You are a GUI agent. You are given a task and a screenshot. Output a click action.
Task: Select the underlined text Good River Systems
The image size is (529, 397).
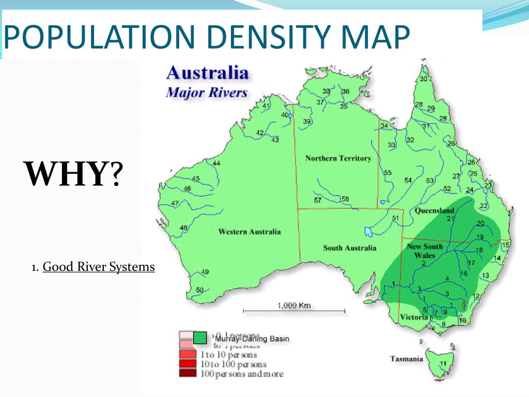(99, 267)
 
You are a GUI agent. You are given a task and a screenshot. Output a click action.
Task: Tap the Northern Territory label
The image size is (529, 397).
(338, 158)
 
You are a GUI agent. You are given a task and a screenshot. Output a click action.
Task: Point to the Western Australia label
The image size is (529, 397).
(250, 232)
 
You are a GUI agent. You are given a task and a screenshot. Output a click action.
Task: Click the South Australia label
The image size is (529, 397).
(350, 248)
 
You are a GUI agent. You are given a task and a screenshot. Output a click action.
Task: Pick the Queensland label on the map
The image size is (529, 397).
(434, 211)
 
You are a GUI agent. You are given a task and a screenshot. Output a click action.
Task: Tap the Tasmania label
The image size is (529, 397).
(406, 359)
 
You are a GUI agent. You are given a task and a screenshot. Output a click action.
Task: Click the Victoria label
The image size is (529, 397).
(413, 317)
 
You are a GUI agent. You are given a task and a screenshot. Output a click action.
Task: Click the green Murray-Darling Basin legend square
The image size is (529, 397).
(200, 338)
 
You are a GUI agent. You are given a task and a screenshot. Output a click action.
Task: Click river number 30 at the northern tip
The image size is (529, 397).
(424, 79)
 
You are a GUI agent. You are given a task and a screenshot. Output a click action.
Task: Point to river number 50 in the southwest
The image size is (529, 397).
(199, 290)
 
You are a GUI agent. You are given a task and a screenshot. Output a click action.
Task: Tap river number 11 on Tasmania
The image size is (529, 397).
(443, 363)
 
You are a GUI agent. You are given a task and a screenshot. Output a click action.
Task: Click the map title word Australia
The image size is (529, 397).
(207, 72)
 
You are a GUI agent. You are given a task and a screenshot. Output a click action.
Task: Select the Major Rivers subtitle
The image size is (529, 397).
(206, 94)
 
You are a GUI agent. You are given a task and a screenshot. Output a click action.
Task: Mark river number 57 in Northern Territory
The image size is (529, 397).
(318, 200)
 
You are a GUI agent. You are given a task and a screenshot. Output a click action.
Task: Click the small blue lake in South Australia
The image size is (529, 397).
(368, 230)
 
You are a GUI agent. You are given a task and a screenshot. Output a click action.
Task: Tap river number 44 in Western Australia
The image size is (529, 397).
(216, 163)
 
